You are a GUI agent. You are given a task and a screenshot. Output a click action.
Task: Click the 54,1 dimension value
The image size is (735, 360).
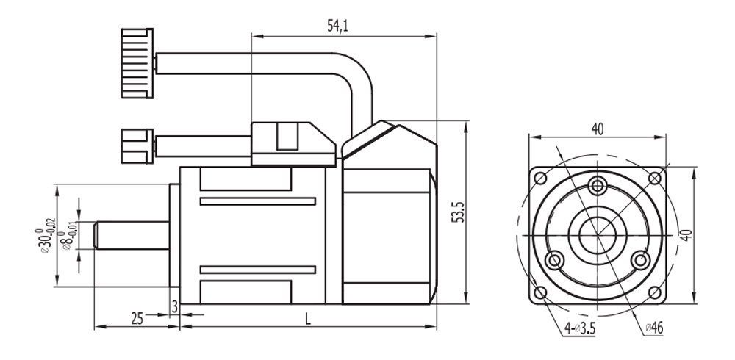(338, 26)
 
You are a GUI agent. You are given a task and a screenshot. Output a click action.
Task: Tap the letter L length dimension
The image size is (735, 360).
(308, 317)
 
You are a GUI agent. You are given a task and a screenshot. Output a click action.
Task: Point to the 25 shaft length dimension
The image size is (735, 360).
(137, 317)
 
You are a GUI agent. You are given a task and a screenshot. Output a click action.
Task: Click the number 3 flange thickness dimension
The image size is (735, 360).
(174, 305)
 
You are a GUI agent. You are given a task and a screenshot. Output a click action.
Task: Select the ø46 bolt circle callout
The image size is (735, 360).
(653, 328)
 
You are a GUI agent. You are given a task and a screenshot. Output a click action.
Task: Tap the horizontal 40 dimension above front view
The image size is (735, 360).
(597, 129)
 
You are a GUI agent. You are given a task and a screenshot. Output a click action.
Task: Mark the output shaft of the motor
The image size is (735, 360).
(132, 235)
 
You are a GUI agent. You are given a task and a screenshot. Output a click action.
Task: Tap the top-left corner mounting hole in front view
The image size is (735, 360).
(541, 178)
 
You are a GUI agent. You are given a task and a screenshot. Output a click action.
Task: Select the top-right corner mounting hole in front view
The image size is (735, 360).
(654, 178)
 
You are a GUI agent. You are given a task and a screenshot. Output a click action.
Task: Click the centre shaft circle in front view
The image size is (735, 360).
(598, 235)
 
